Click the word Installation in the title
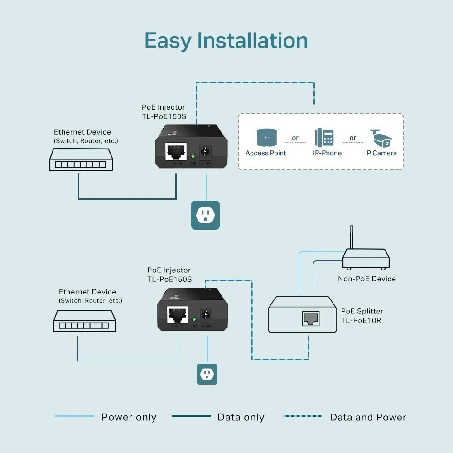(252, 41)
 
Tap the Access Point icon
(266, 138)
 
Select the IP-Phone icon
(324, 138)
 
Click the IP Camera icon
(381, 138)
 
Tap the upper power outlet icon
(205, 215)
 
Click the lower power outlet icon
(207, 374)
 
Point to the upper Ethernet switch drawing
(81, 160)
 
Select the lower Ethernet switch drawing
(84, 321)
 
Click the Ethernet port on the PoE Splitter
(310, 318)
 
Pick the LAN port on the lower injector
(178, 313)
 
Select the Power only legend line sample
(75, 416)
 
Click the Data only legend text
(241, 417)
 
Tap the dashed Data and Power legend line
(302, 416)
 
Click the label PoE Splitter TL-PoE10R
(362, 315)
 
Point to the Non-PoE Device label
(366, 279)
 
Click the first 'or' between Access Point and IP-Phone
(295, 138)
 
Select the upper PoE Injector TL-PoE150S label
(164, 111)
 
